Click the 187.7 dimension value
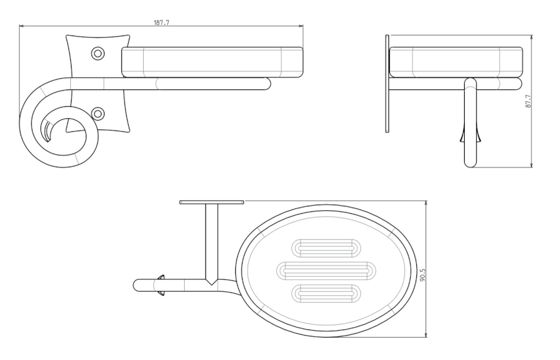click(161, 22)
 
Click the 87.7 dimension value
click(528, 101)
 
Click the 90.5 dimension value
click(423, 275)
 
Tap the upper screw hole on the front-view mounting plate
click(97, 53)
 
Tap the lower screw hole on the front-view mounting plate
click(97, 114)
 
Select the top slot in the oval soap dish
click(326, 248)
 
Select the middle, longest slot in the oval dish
click(326, 270)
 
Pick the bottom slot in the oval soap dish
click(326, 293)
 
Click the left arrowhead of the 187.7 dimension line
click(21, 26)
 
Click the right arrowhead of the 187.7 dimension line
click(301, 26)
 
